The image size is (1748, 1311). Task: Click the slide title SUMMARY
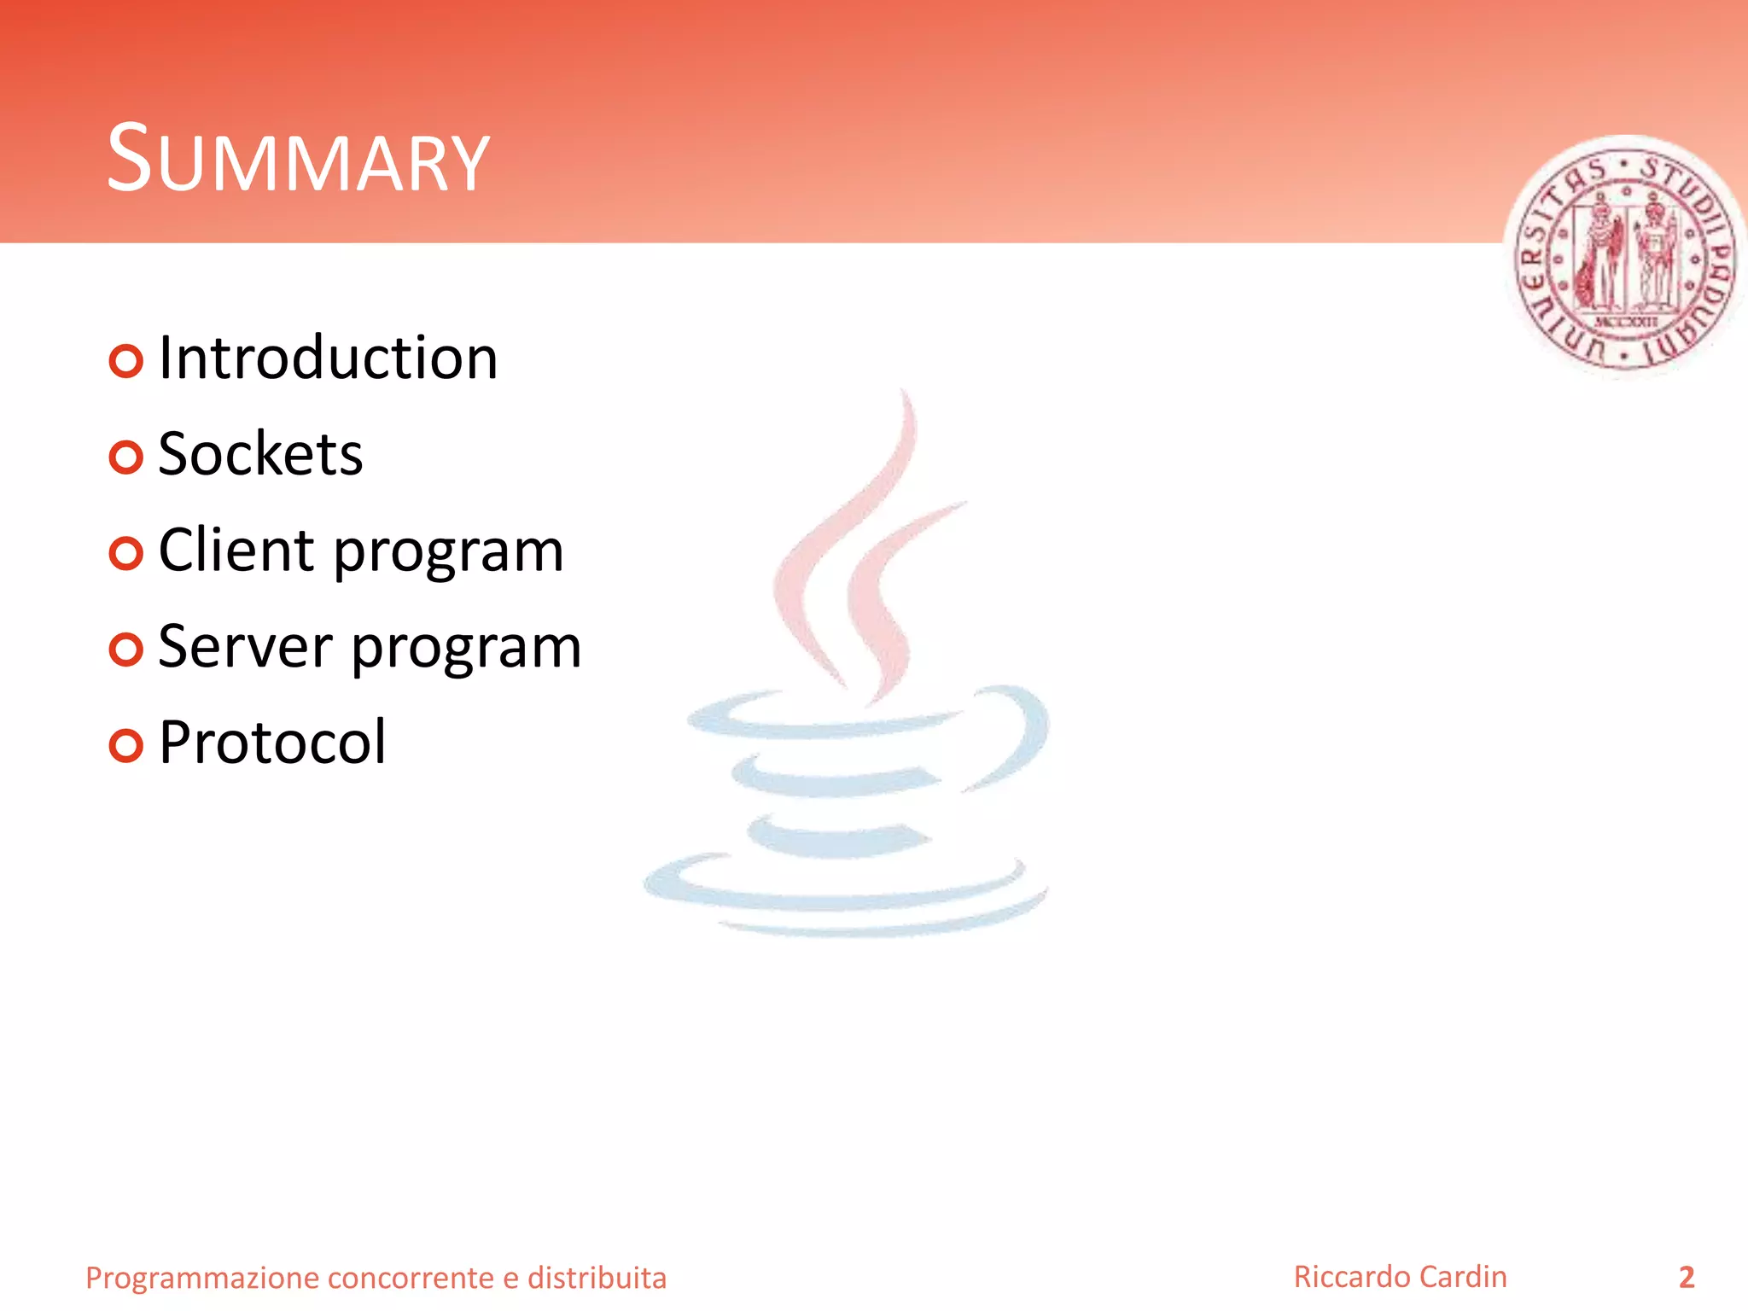coord(298,160)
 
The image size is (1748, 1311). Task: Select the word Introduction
coord(328,358)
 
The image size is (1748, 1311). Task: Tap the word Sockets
coord(260,454)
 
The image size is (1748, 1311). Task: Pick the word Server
coord(245,646)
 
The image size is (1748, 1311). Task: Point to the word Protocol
coord(272,743)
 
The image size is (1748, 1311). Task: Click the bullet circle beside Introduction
coord(125,362)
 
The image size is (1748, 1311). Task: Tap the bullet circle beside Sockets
coord(125,458)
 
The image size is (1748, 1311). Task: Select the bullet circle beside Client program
coord(125,554)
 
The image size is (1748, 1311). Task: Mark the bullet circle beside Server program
coord(125,650)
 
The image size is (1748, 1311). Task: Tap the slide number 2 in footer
coord(1686,1278)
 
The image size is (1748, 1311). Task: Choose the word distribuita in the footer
coord(597,1278)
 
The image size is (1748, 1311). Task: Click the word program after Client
coord(448,553)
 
